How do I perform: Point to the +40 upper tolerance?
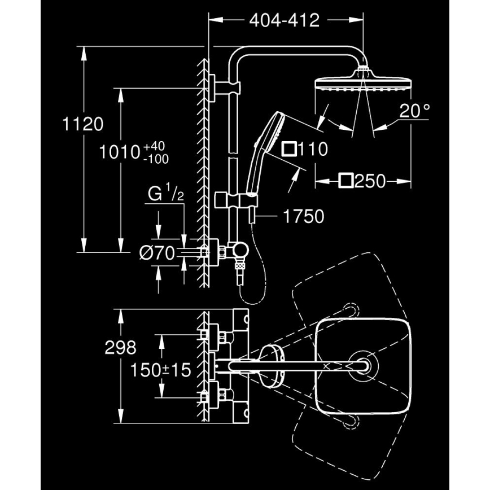[155, 147]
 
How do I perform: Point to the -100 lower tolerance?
[156, 159]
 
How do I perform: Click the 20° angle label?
[414, 111]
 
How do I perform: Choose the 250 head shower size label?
[370, 181]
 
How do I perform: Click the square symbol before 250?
[346, 181]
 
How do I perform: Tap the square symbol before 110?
[290, 149]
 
